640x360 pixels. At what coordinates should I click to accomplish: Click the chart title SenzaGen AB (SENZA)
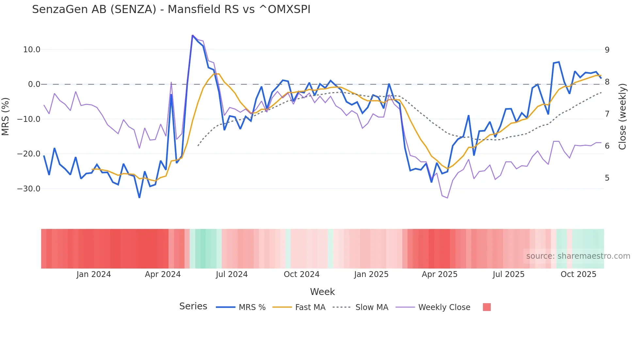pyautogui.click(x=171, y=9)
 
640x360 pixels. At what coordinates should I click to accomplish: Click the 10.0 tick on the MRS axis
pyautogui.click(x=32, y=50)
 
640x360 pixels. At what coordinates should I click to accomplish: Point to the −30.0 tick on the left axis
pyautogui.click(x=29, y=189)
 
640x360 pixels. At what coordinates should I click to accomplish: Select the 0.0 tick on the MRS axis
pyautogui.click(x=34, y=84)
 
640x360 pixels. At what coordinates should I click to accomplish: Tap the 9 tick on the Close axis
pyautogui.click(x=607, y=50)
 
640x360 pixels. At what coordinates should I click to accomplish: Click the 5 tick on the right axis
pyautogui.click(x=607, y=178)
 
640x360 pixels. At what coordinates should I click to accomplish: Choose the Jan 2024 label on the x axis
pyautogui.click(x=94, y=274)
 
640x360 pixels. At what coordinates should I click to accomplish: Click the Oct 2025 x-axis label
pyautogui.click(x=578, y=274)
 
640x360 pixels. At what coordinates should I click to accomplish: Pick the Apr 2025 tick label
pyautogui.click(x=440, y=274)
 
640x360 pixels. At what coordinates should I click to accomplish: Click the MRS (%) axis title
pyautogui.click(x=6, y=116)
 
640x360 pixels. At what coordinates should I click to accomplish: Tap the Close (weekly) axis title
pyautogui.click(x=622, y=116)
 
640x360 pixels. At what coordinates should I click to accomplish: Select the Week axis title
pyautogui.click(x=322, y=292)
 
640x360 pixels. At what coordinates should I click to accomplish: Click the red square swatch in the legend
pyautogui.click(x=487, y=307)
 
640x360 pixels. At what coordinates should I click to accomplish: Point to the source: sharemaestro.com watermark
pyautogui.click(x=578, y=256)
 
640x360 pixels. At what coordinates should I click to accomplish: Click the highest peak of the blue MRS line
pyautogui.click(x=193, y=35)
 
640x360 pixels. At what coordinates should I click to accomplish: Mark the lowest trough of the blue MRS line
pyautogui.click(x=139, y=198)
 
